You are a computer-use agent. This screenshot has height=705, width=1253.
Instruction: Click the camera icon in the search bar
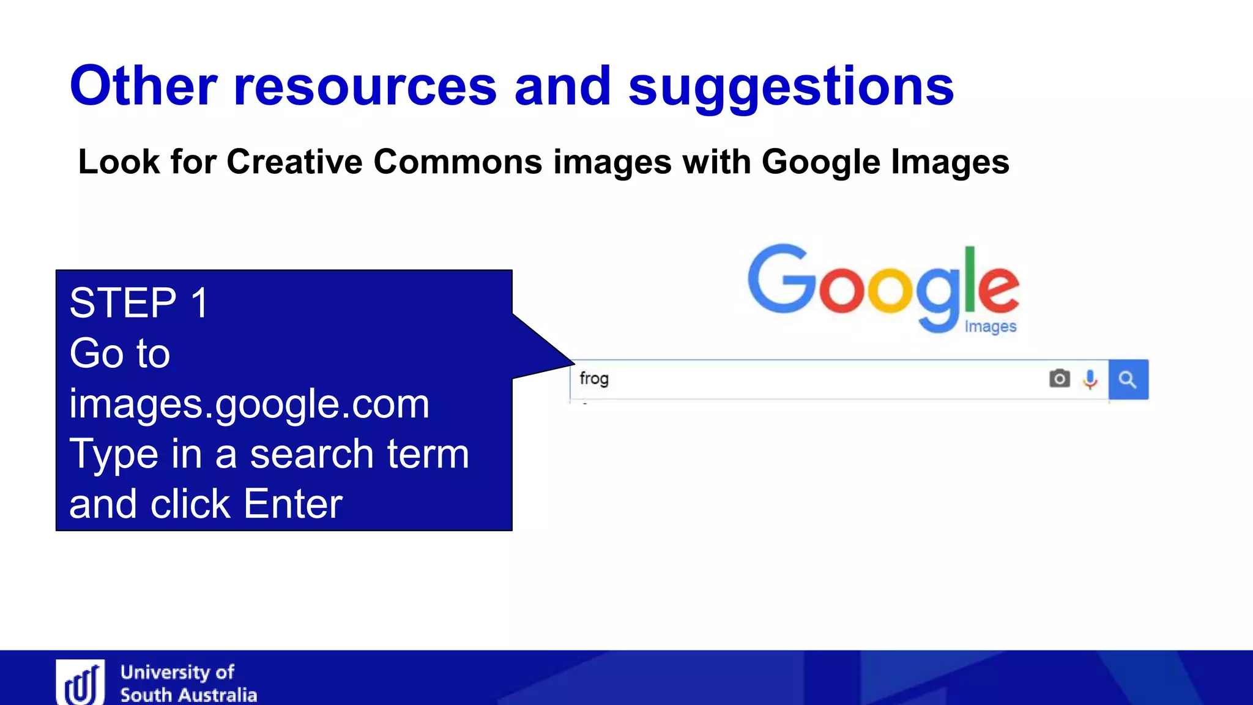1060,379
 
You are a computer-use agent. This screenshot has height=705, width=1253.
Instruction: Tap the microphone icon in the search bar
1090,379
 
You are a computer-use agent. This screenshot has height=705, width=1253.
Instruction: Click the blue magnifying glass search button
1128,380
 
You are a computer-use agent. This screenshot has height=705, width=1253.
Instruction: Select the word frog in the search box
593,379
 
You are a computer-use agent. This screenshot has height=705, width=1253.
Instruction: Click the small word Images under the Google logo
990,327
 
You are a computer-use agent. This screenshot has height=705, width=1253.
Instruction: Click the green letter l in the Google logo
970,279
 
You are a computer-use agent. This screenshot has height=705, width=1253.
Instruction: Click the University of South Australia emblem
80,683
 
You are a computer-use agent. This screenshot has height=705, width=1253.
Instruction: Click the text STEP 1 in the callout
139,303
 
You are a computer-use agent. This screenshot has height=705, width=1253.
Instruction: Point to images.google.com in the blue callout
249,404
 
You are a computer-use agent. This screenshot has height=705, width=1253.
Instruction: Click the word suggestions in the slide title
790,87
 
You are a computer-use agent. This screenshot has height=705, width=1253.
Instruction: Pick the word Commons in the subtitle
458,162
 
